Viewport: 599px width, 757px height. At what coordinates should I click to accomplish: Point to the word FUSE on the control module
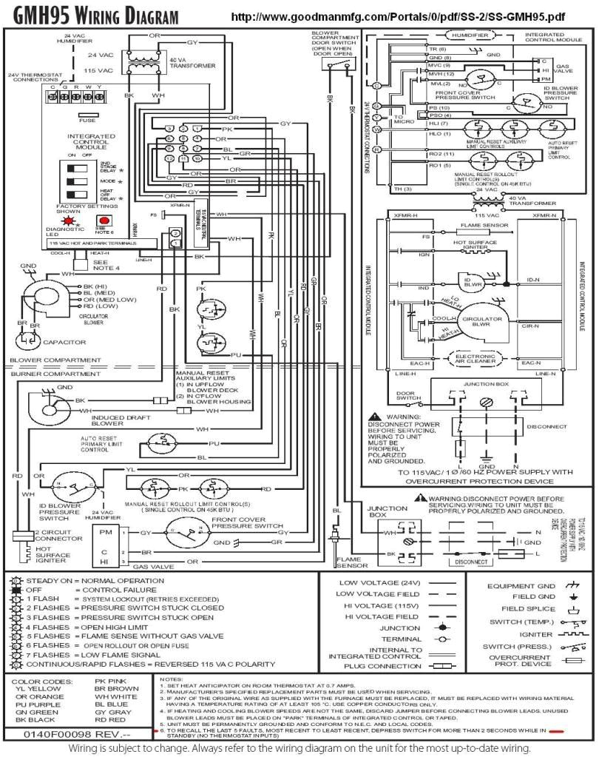pyautogui.click(x=87, y=120)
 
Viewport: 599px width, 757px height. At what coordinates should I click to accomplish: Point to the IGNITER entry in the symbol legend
pyautogui.click(x=536, y=634)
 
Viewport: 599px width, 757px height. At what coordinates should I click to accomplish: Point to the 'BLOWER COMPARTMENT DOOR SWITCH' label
pyautogui.click(x=334, y=44)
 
